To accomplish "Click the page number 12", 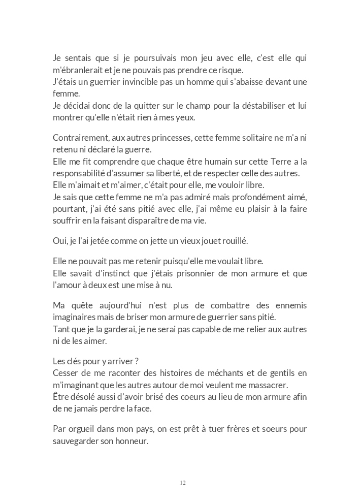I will pos(183,483).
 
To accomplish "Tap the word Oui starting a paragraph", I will pos(59,241).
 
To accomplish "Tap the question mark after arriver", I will pos(137,361).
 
